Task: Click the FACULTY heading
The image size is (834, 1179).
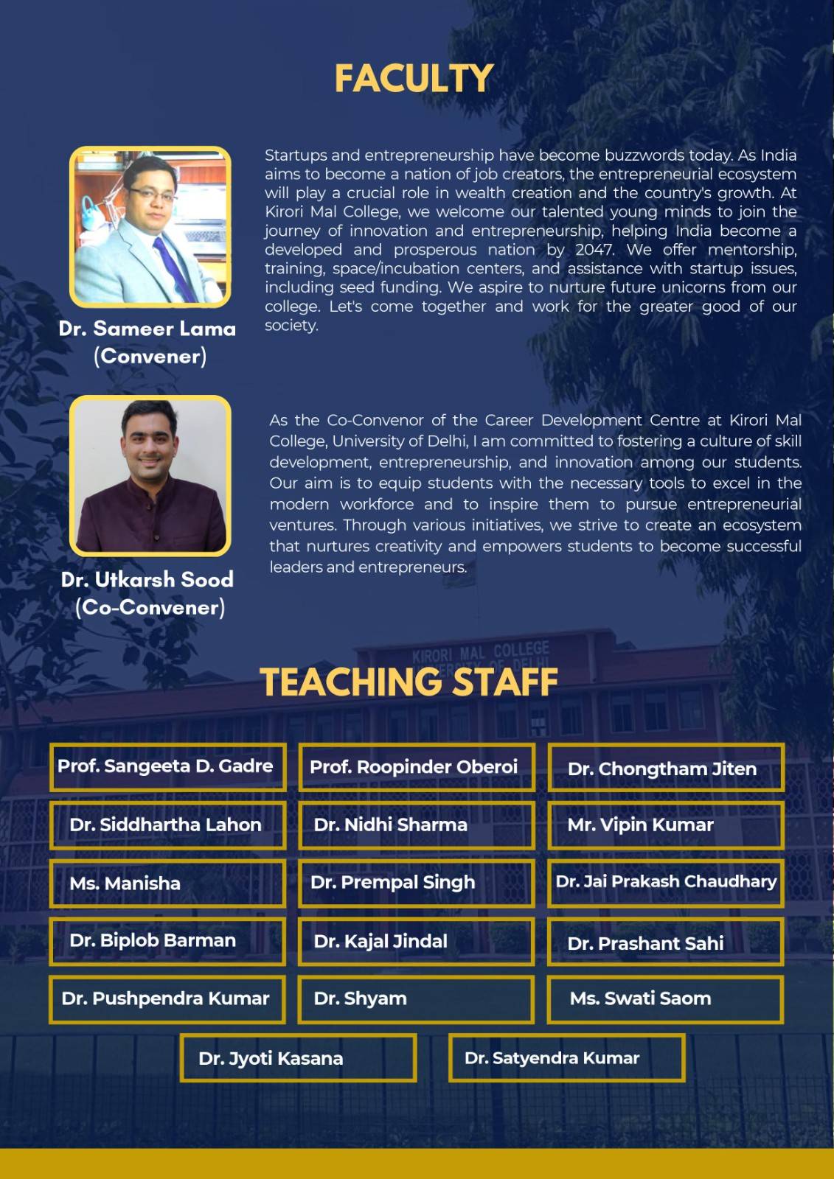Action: point(414,79)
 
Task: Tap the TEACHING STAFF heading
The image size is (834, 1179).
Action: point(409,682)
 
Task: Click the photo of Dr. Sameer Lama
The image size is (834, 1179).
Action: point(150,227)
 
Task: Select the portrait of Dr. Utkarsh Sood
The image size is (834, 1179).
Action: point(150,476)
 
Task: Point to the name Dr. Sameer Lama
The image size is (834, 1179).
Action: point(147,329)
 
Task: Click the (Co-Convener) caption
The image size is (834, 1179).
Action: point(150,608)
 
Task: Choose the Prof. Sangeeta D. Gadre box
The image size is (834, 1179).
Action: point(167,767)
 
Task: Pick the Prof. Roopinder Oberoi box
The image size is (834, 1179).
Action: point(417,767)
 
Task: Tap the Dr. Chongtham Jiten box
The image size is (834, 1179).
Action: point(665,768)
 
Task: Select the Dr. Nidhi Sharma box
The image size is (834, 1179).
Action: point(417,825)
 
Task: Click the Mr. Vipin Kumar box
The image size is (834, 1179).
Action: point(665,825)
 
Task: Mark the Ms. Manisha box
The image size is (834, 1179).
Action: point(167,883)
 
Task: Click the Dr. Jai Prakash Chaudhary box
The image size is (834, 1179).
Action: point(665,882)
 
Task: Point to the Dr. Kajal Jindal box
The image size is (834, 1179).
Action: point(417,941)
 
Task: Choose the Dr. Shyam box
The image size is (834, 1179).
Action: point(417,999)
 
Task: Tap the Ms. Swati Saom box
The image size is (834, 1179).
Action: point(665,999)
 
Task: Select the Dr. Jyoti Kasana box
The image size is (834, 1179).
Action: point(298,1058)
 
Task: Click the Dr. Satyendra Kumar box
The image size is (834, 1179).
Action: point(566,1058)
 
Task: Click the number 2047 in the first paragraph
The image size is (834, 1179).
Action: point(594,250)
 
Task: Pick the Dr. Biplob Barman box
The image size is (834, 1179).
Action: point(167,941)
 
